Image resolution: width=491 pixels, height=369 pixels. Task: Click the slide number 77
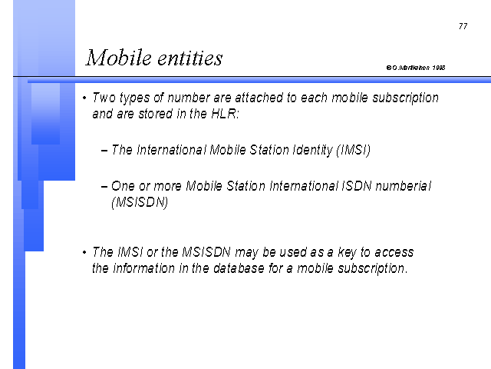[463, 26]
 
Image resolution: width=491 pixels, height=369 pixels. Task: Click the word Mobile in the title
[119, 58]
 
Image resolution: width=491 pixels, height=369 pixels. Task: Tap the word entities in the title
[189, 58]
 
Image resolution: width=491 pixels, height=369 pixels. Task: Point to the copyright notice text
[416, 68]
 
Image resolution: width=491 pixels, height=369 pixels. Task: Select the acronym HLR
[225, 113]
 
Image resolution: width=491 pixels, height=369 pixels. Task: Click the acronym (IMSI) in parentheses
[353, 150]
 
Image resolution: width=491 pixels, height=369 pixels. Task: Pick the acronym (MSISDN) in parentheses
[140, 202]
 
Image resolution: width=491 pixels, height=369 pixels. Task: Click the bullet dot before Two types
[84, 98]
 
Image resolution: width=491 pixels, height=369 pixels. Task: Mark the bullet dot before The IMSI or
[84, 252]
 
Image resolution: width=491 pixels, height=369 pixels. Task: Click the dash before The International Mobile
[104, 151]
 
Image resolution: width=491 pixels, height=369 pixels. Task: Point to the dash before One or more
[104, 187]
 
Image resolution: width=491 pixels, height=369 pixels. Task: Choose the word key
[347, 253]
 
